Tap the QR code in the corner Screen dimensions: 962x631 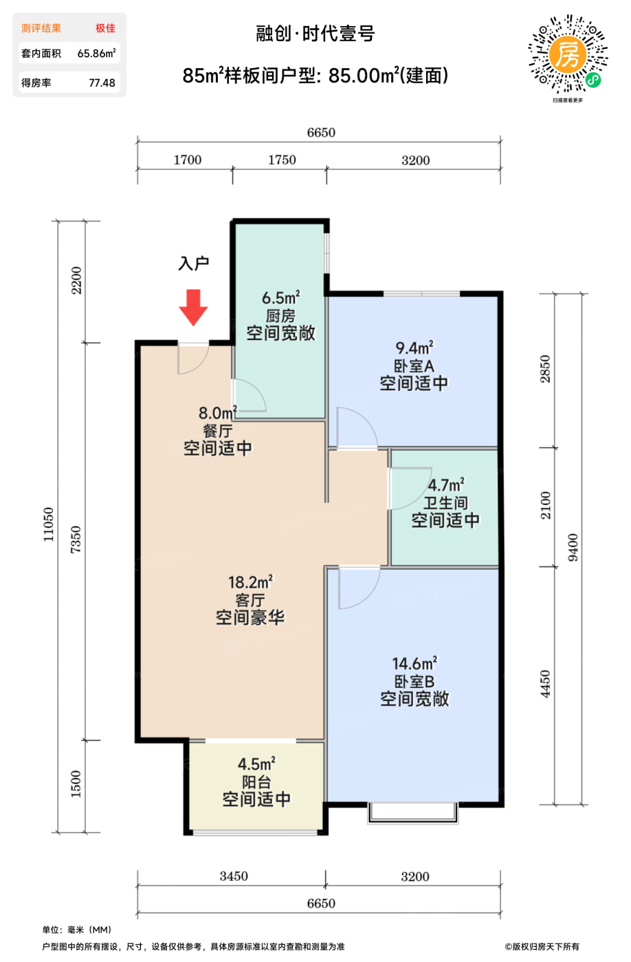coord(568,54)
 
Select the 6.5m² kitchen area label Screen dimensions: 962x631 coord(280,298)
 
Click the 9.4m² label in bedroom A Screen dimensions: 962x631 coord(414,348)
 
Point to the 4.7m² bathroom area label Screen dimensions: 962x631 coord(445,485)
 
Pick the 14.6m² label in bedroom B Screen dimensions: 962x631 coord(414,664)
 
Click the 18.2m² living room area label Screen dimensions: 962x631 coord(250,583)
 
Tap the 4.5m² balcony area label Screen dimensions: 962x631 coord(256,764)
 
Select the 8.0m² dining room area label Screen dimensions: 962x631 coord(217,413)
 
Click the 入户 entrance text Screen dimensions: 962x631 coord(193,263)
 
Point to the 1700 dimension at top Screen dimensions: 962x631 coord(187,160)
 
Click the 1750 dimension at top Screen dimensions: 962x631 coord(282,160)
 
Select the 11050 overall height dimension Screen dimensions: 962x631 coord(49,525)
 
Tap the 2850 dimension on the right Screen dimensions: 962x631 coord(546,369)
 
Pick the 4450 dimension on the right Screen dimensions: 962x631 coord(546,684)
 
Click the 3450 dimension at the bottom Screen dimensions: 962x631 coord(234,876)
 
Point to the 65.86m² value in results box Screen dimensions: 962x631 coord(96,54)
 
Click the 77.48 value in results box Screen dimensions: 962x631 coord(102,83)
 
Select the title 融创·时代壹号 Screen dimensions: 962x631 coord(315,34)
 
